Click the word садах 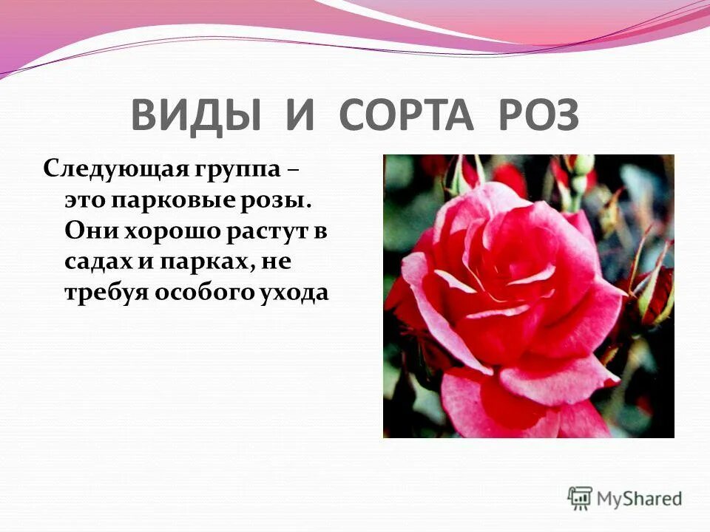pyautogui.click(x=98, y=262)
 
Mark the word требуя pyautogui.click(x=106, y=293)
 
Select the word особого pyautogui.click(x=203, y=293)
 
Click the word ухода pyautogui.click(x=293, y=293)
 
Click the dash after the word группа pyautogui.click(x=294, y=170)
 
